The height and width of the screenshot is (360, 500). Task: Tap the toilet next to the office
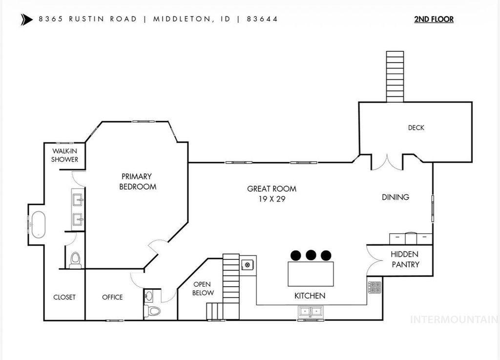tap(154, 311)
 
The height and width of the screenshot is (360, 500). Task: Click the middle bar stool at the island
tap(311, 254)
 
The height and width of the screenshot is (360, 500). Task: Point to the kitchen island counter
tap(311, 274)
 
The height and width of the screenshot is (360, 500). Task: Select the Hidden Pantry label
tap(405, 259)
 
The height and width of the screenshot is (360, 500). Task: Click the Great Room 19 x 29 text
tap(271, 193)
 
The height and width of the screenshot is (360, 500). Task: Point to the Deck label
tap(416, 128)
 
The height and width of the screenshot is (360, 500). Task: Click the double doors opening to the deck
tap(387, 162)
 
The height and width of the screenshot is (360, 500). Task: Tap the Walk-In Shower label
tap(65, 155)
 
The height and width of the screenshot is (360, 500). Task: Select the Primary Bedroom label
tap(137, 181)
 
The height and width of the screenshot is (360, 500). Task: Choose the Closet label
tap(64, 297)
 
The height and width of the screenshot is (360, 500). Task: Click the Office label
tap(112, 297)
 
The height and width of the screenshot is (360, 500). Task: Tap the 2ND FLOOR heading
tap(434, 20)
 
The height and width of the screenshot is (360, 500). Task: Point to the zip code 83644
tap(262, 20)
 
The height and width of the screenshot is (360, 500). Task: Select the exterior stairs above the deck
tap(395, 76)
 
